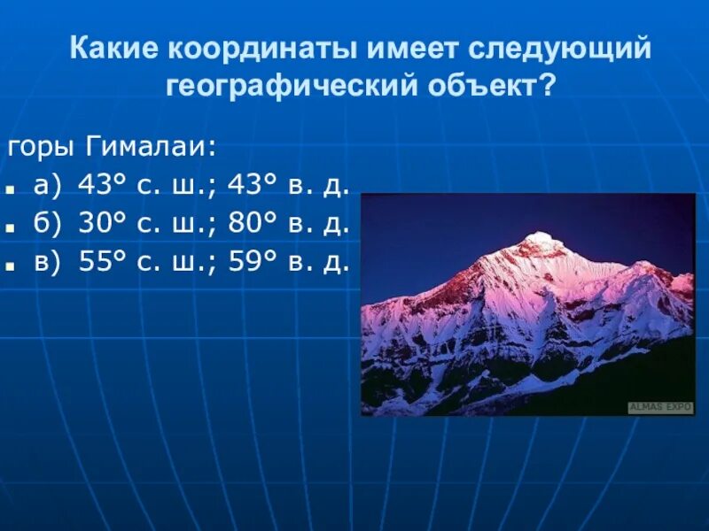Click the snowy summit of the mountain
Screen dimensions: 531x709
(537, 239)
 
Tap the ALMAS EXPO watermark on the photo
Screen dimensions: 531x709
(660, 407)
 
